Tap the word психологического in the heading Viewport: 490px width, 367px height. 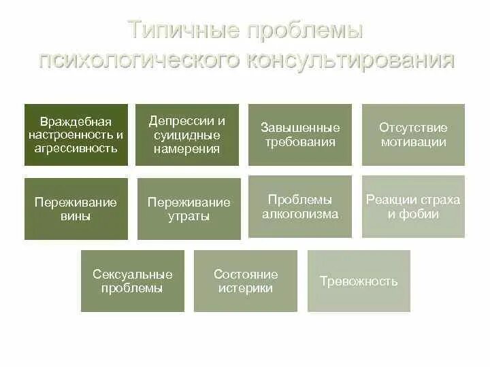(139, 60)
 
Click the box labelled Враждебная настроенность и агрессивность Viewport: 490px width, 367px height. (76, 135)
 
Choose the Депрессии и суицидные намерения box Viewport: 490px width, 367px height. (187, 135)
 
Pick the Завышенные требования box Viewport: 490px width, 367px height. (300, 135)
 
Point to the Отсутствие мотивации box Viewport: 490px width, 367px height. (413, 135)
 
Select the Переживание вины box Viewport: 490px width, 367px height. (76, 209)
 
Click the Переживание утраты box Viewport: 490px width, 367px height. (189, 209)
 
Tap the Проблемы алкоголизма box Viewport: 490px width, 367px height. (300, 207)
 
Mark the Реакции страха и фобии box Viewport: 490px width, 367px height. (413, 207)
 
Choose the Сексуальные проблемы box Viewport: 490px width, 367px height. (133, 281)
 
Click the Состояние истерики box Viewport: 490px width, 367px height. (246, 281)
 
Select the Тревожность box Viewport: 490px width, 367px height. (359, 281)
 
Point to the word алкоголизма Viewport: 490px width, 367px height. (300, 214)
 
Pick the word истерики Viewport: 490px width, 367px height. (246, 288)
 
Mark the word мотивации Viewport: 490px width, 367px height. (413, 142)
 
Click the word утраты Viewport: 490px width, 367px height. (189, 217)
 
